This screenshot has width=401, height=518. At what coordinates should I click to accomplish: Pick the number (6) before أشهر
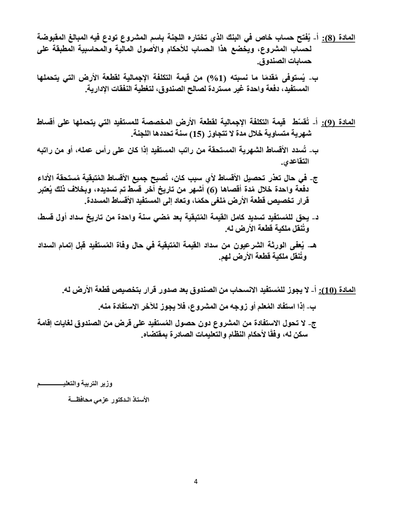tap(216, 190)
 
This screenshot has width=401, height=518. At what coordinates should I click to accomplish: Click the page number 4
tap(196, 482)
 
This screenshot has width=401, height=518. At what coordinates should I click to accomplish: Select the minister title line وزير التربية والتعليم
tap(76, 384)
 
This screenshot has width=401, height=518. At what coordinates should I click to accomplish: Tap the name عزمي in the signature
tap(104, 400)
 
